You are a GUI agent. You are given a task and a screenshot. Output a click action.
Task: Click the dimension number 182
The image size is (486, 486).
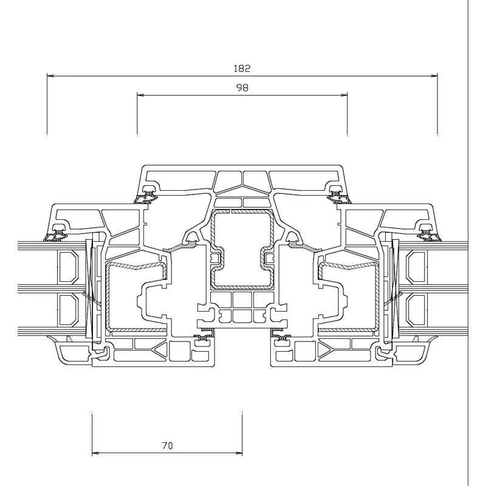point(242,69)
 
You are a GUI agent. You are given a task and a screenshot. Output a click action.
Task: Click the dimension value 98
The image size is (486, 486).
point(242,87)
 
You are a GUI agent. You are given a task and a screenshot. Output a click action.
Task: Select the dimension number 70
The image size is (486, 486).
point(167,445)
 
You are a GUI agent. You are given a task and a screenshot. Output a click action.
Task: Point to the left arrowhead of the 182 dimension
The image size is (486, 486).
point(50,76)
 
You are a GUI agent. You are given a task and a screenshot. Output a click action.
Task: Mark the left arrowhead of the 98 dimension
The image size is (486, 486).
point(140,95)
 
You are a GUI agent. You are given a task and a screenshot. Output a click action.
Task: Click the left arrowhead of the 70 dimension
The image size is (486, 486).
point(95,453)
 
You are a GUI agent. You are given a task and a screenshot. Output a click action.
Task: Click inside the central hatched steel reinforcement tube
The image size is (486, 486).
point(242,249)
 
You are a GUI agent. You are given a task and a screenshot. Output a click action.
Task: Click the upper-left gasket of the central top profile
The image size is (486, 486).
point(148,194)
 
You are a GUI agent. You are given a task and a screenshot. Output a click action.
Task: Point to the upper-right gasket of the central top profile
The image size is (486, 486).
point(336,194)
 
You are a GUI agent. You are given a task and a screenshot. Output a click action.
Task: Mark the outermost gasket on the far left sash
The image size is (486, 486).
point(58,231)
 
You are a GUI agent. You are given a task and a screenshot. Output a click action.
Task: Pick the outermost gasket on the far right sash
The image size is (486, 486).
point(426,231)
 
